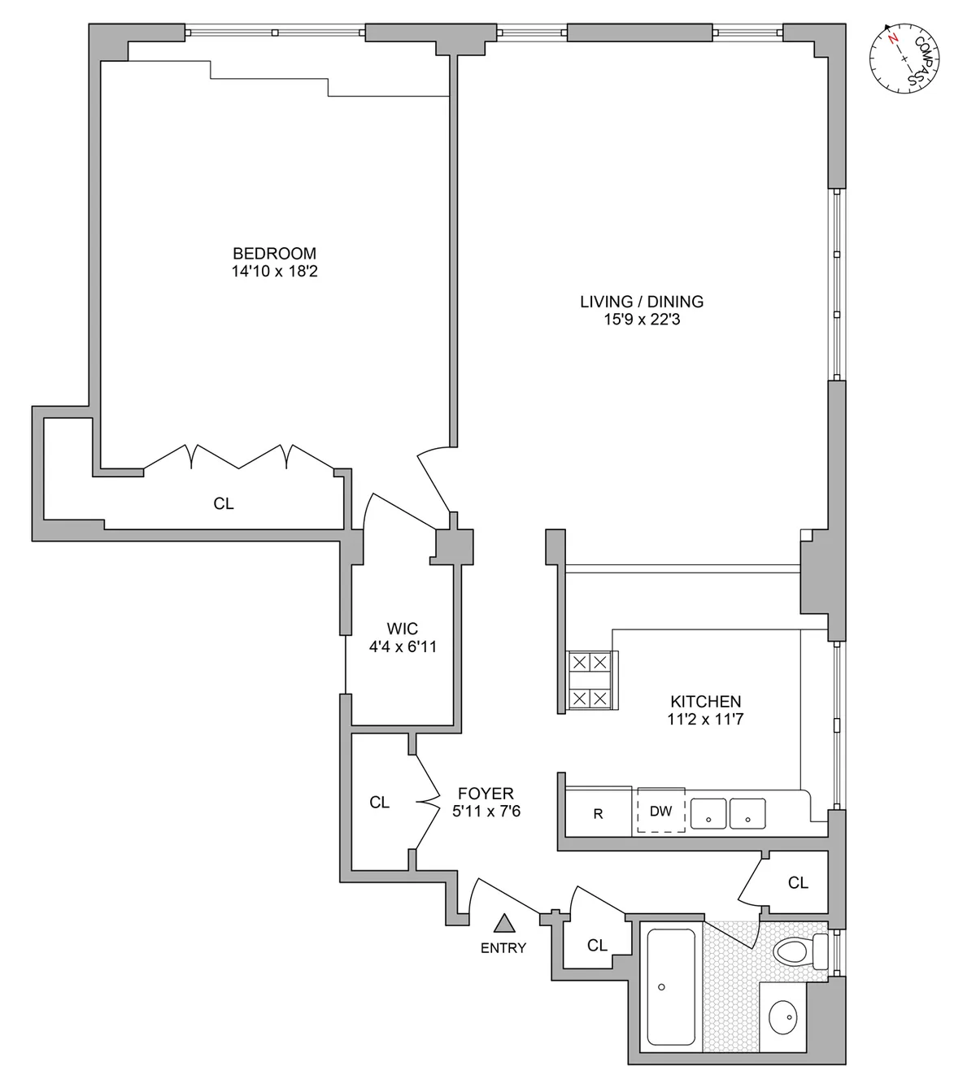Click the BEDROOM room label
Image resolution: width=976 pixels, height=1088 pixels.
(x=274, y=253)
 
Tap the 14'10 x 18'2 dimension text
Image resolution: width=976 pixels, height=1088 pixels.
(x=274, y=272)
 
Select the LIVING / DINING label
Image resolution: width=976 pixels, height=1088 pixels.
(x=641, y=302)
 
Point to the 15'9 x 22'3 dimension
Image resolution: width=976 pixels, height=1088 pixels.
(x=641, y=320)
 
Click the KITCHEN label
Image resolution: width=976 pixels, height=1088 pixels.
(x=705, y=701)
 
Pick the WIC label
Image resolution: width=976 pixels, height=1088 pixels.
(x=403, y=629)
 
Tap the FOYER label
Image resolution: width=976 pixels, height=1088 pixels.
(x=486, y=793)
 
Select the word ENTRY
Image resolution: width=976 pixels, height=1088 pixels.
(x=503, y=947)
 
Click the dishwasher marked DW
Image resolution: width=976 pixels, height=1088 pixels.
(x=660, y=811)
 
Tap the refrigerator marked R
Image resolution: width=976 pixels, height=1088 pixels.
(x=598, y=813)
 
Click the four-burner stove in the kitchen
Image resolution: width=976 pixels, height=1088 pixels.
(x=589, y=680)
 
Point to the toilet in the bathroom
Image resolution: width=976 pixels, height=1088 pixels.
(x=797, y=951)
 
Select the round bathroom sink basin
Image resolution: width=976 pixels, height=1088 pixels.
(x=786, y=1014)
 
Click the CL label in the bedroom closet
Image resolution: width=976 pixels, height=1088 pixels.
(x=224, y=504)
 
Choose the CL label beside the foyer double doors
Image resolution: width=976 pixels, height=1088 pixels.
(x=379, y=803)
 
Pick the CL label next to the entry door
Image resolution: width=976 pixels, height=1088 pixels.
(x=597, y=945)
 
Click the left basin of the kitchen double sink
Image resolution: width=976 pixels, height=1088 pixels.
(x=708, y=813)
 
